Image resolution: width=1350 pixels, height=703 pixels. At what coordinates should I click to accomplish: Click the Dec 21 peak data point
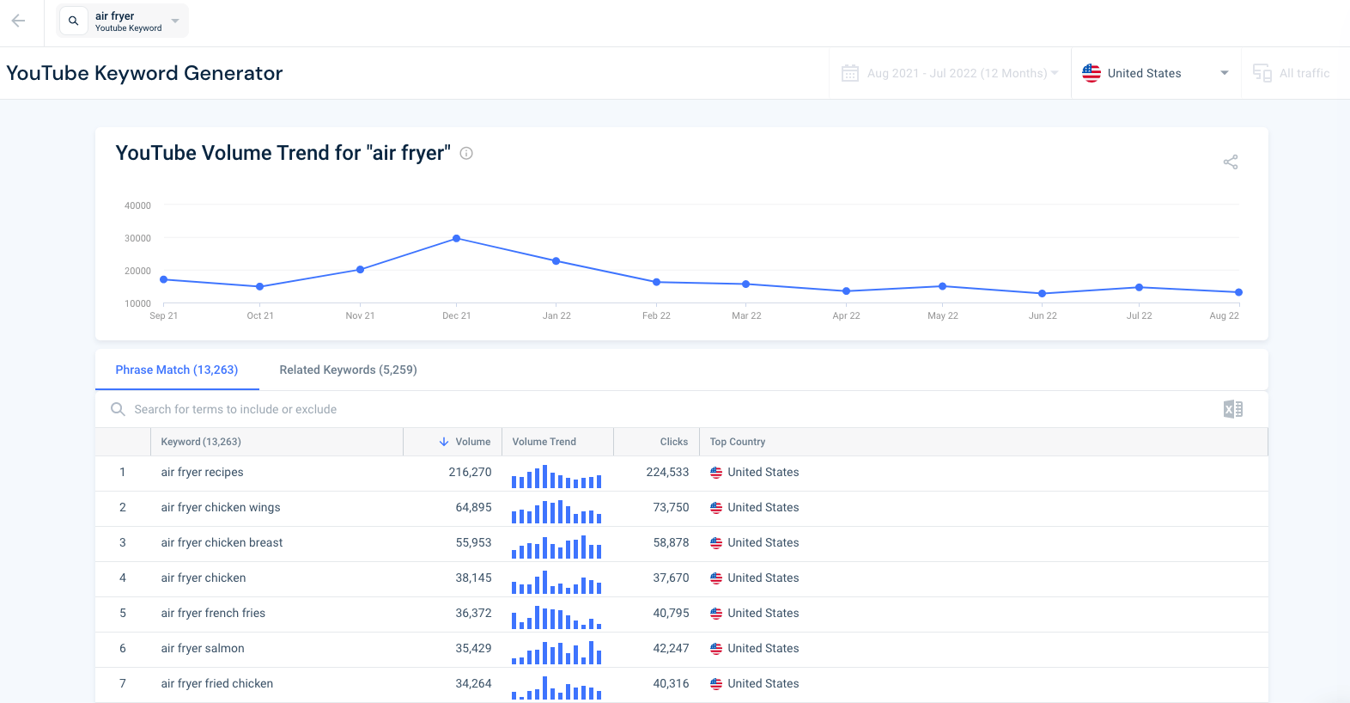tap(456, 238)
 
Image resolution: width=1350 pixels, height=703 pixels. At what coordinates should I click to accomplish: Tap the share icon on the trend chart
tap(1231, 162)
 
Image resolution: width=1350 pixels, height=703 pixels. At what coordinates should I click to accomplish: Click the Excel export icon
tap(1232, 409)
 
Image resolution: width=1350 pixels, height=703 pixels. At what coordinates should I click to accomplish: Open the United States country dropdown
tap(1155, 73)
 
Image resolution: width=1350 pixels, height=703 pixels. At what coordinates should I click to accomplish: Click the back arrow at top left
tap(18, 21)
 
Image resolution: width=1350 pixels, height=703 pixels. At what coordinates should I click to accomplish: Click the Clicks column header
tap(673, 442)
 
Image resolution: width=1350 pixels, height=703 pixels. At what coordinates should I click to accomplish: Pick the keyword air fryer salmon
tap(203, 648)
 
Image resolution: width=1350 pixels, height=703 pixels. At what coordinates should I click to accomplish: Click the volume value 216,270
tap(470, 472)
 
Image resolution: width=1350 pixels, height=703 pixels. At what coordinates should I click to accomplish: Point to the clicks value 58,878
tap(671, 542)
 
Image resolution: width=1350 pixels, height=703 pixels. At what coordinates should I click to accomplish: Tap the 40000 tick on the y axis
tap(137, 205)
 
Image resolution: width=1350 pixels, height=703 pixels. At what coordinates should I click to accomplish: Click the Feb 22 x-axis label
tap(656, 315)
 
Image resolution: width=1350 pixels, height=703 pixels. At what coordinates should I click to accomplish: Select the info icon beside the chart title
tap(466, 153)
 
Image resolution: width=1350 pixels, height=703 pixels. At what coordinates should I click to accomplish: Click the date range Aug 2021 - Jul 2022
tap(957, 73)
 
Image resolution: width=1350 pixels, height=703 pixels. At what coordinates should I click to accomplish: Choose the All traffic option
tap(1304, 73)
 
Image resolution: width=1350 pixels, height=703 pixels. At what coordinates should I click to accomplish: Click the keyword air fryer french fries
tap(213, 613)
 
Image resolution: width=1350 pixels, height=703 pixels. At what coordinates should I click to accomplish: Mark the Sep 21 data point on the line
tap(164, 279)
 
